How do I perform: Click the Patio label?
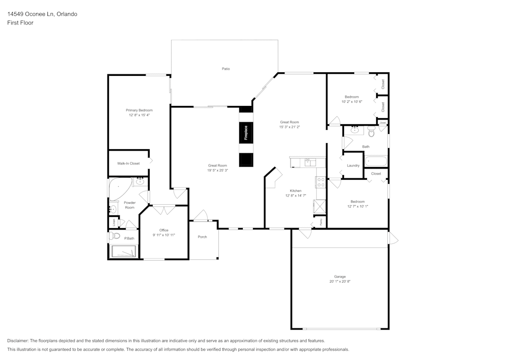click(x=225, y=69)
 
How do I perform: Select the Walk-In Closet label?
click(x=128, y=163)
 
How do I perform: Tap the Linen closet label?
click(x=114, y=223)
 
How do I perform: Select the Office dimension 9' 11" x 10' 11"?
click(x=163, y=235)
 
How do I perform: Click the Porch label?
click(x=203, y=237)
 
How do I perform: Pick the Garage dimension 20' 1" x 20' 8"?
click(x=340, y=282)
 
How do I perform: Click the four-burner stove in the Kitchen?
click(x=321, y=182)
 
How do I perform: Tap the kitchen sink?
click(x=308, y=162)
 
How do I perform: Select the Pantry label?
click(x=321, y=222)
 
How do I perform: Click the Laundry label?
click(x=353, y=165)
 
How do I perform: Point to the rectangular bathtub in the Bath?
click(x=376, y=162)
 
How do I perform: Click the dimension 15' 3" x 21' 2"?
click(x=289, y=127)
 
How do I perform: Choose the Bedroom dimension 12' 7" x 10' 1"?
click(x=357, y=206)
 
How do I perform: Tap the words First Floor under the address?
click(x=20, y=23)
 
